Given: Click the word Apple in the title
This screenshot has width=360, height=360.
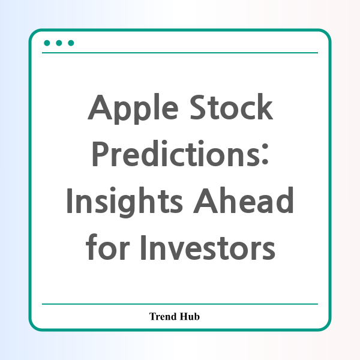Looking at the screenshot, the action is pyautogui.click(x=133, y=109).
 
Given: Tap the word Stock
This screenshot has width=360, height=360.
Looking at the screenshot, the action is pyautogui.click(x=232, y=107).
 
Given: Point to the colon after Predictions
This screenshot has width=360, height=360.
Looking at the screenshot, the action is pyautogui.click(x=265, y=154).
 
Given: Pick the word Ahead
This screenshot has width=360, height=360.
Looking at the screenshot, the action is pyautogui.click(x=244, y=200).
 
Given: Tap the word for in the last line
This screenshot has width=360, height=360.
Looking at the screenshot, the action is pyautogui.click(x=108, y=247).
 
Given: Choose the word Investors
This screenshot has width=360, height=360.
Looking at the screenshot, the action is pyautogui.click(x=208, y=247).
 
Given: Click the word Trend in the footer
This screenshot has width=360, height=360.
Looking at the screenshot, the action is pyautogui.click(x=163, y=316).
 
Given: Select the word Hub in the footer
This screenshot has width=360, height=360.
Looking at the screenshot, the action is pyautogui.click(x=190, y=316).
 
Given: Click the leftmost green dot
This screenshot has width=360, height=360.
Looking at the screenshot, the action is pyautogui.click(x=47, y=43).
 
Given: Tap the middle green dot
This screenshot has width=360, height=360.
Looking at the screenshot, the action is pyautogui.click(x=59, y=43).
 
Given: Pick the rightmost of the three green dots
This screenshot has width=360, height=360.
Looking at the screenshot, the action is pyautogui.click(x=71, y=43).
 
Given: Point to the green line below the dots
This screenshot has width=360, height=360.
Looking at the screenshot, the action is pyautogui.click(x=180, y=53).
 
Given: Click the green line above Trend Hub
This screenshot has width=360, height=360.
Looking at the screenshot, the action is pyautogui.click(x=180, y=304).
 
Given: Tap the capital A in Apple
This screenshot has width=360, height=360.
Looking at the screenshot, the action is pyautogui.click(x=100, y=107).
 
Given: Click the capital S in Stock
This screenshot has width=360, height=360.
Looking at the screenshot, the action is pyautogui.click(x=199, y=107).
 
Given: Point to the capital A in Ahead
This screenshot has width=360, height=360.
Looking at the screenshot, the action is pyautogui.click(x=205, y=200).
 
